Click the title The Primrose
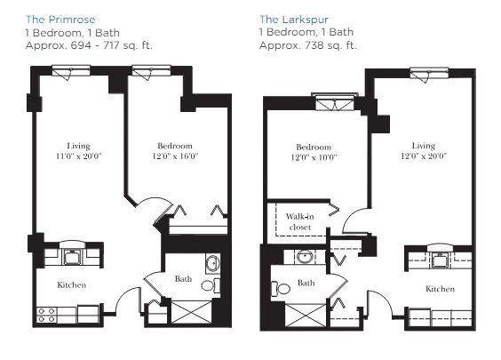click(60, 20)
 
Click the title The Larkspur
click(294, 20)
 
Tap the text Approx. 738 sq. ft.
click(307, 45)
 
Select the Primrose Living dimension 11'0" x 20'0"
click(78, 156)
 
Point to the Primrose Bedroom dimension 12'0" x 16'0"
click(175, 156)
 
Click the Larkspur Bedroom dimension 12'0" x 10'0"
click(314, 157)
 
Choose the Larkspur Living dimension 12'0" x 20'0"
click(424, 156)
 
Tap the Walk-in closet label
click(299, 221)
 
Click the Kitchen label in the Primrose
click(72, 284)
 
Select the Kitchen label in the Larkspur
click(440, 289)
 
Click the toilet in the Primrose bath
click(211, 285)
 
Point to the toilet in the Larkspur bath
click(281, 289)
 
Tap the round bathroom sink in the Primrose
click(212, 264)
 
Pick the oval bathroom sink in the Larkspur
click(306, 256)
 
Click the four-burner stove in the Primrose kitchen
click(47, 315)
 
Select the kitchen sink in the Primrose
click(73, 257)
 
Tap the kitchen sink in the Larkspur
click(440, 260)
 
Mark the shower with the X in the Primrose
click(191, 312)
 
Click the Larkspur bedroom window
click(335, 102)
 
